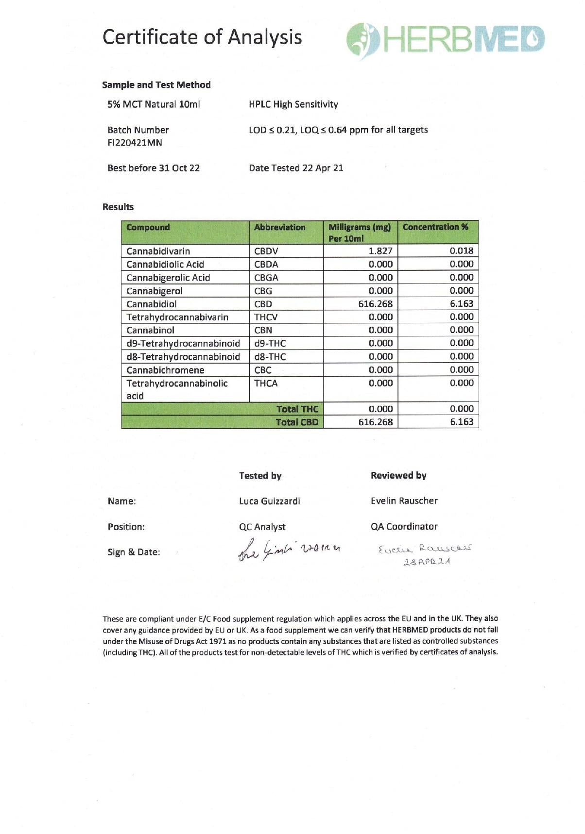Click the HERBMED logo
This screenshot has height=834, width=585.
point(446,39)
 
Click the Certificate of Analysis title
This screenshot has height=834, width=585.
point(202,37)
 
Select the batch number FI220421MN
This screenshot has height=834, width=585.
point(135,143)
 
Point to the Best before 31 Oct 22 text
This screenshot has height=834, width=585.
point(154,168)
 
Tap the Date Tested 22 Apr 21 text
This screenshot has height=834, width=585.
point(296,168)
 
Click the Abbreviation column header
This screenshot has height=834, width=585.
point(280,227)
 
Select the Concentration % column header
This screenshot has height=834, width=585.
point(435,227)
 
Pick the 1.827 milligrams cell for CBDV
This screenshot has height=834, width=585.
point(380,251)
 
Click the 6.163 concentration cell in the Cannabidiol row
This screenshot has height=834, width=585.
point(461,304)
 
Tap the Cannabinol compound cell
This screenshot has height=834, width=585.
point(151,330)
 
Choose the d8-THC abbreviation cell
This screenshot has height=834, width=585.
point(270,357)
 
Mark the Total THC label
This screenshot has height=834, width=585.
point(297,409)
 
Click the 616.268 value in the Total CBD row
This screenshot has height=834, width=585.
point(376,422)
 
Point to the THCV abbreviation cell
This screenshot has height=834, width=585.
point(266,317)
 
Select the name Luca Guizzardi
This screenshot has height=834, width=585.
point(270,501)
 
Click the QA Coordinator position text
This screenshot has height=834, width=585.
point(404,527)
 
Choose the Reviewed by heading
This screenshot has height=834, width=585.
point(398,476)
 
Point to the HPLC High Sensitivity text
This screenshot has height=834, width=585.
point(293,104)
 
